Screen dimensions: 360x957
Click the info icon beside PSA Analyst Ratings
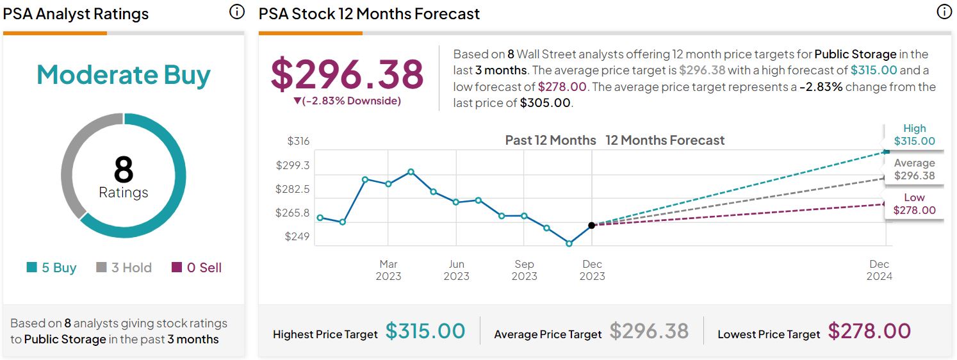[x=237, y=12]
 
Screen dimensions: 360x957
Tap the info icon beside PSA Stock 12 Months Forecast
[x=944, y=12]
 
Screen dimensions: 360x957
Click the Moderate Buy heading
[x=123, y=75]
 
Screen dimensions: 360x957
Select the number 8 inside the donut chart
[x=123, y=170]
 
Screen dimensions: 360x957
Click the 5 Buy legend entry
[x=51, y=268]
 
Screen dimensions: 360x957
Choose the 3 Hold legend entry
[x=124, y=268]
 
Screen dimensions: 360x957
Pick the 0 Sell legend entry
[x=197, y=268]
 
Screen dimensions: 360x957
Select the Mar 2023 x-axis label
[x=388, y=270]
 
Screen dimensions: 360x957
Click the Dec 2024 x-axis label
[x=879, y=270]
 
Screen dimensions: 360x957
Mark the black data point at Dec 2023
[x=591, y=225]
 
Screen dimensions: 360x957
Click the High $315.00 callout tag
[x=914, y=135]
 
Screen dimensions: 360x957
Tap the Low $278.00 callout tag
[x=914, y=204]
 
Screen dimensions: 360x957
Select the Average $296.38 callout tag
[x=914, y=170]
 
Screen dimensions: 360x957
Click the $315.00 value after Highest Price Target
[x=425, y=331]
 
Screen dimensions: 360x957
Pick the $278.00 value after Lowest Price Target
[x=869, y=331]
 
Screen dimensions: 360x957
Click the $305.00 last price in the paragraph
[x=544, y=102]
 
